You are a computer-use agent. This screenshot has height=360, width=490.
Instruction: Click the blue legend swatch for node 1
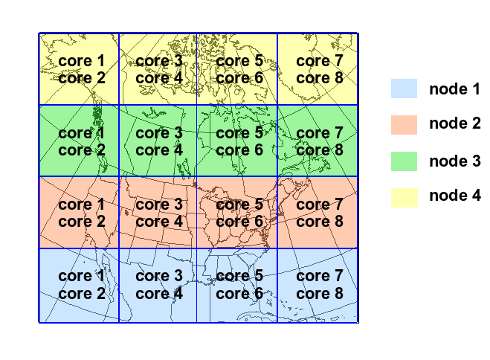pyautogui.click(x=405, y=89)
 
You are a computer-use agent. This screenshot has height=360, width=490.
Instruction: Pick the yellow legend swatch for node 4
pyautogui.click(x=405, y=196)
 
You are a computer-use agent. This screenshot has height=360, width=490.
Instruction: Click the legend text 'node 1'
pyautogui.click(x=454, y=89)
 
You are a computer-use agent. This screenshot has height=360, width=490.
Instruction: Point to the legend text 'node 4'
pyautogui.click(x=454, y=196)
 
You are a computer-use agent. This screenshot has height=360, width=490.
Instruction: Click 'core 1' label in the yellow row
pyautogui.click(x=82, y=60)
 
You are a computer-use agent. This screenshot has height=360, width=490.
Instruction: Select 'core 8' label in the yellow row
pyautogui.click(x=320, y=77)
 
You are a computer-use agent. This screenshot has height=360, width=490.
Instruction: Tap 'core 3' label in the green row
pyautogui.click(x=159, y=132)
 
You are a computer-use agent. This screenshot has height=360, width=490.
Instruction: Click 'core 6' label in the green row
pyautogui.click(x=239, y=150)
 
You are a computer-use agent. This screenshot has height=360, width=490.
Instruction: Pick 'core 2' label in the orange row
pyautogui.click(x=82, y=221)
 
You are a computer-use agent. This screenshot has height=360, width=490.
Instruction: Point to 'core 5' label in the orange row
pyautogui.click(x=239, y=204)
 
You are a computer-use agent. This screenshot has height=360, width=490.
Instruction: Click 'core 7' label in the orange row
pyautogui.click(x=320, y=204)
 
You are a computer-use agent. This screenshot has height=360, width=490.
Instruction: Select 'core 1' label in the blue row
pyautogui.click(x=82, y=276)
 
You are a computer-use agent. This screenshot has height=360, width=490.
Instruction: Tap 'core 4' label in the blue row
pyautogui.click(x=159, y=293)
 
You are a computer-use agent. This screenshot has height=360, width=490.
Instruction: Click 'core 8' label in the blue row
pyautogui.click(x=320, y=293)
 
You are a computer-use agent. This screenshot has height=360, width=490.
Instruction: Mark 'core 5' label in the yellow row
pyautogui.click(x=239, y=60)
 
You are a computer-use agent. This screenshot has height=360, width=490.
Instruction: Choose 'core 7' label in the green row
pyautogui.click(x=320, y=132)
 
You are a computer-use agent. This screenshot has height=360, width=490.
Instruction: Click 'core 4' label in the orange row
pyautogui.click(x=159, y=221)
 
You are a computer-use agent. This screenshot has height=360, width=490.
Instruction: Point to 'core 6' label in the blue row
pyautogui.click(x=239, y=293)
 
